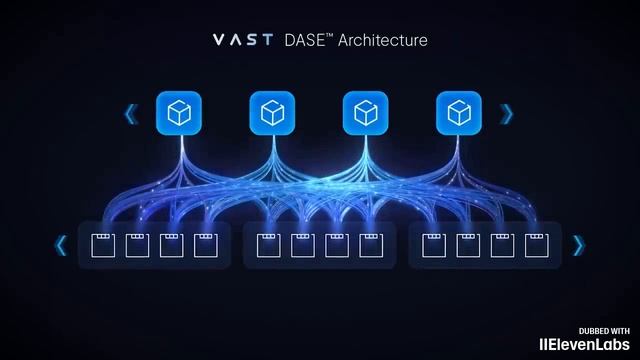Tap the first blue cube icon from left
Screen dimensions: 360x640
click(179, 113)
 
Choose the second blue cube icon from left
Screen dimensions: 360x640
click(272, 113)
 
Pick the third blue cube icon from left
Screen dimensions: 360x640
click(366, 113)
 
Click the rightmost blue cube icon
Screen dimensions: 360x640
click(459, 113)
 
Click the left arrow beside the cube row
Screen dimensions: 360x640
click(131, 114)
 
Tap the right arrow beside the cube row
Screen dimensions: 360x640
click(507, 114)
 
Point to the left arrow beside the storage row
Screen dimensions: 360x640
click(62, 245)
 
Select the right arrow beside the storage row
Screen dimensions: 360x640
click(578, 245)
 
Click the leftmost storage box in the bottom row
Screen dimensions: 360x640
click(101, 245)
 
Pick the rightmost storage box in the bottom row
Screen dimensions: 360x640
click(538, 245)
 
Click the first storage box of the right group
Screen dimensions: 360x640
click(433, 245)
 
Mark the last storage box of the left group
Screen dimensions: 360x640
click(205, 245)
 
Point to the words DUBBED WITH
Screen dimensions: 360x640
click(604, 329)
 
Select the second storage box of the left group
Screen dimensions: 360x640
click(136, 245)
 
